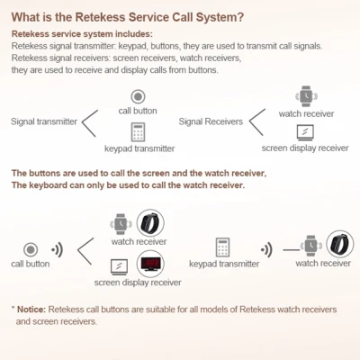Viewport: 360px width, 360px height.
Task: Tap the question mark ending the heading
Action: tap(240, 17)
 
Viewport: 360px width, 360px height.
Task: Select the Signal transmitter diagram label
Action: tap(44, 121)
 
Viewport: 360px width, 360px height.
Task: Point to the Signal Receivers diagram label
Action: tap(211, 121)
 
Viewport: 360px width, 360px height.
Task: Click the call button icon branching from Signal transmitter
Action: tap(138, 96)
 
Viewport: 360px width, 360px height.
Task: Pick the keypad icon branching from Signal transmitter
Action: tap(138, 132)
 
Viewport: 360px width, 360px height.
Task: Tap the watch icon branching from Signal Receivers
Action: tap(306, 96)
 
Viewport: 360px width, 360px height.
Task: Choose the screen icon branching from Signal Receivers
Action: tap(305, 132)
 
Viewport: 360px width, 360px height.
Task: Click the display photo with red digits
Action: tap(150, 264)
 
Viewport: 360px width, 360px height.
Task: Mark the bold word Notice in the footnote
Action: tap(31, 310)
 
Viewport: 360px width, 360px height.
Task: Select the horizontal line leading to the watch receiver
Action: tap(292, 249)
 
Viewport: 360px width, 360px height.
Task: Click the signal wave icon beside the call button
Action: tap(57, 249)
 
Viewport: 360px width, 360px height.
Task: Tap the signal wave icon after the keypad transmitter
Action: tap(266, 249)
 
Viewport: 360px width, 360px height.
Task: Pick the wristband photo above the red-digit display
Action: tap(150, 223)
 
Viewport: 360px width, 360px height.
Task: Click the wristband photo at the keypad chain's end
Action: tap(340, 245)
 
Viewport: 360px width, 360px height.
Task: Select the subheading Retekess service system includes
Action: tap(82, 34)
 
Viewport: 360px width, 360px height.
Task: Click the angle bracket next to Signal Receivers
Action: tap(257, 122)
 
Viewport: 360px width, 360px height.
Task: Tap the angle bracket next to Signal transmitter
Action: tap(90, 123)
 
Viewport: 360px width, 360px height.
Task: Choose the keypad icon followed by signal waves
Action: tap(222, 247)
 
